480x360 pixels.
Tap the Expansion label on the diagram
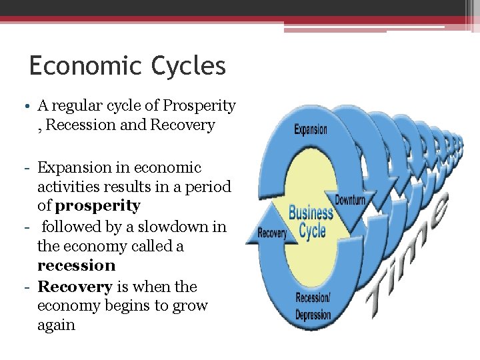coord(311,129)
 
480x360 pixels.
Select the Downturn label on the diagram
coord(351,200)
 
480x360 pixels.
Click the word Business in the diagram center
coord(311,214)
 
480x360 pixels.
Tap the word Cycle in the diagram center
coord(312,231)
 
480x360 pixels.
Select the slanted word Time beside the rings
coord(407,247)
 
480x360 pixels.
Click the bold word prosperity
coord(98,206)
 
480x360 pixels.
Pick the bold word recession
coord(77,265)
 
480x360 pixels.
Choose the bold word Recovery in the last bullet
coord(75,287)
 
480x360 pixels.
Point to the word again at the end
coord(56,325)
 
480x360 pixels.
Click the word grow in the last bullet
coord(192,306)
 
